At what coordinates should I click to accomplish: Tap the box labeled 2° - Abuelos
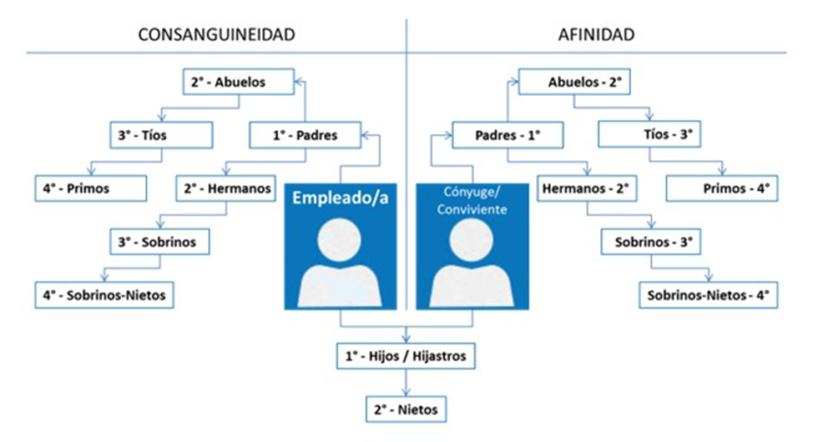[238, 82]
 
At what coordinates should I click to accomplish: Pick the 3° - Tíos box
[160, 133]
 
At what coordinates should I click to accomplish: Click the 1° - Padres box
[306, 134]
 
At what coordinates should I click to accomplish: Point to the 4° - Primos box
[90, 188]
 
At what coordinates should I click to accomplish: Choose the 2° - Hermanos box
[225, 188]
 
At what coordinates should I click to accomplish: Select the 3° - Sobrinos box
[160, 242]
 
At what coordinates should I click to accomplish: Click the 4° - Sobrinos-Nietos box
[104, 294]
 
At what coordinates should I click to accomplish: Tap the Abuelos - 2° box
[574, 82]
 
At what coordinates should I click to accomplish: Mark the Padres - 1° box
[507, 134]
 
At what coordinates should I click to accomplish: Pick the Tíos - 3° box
[654, 133]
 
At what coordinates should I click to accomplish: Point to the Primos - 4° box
[722, 188]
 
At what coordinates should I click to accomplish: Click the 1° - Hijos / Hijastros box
[406, 357]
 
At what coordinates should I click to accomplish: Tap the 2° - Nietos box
[406, 409]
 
